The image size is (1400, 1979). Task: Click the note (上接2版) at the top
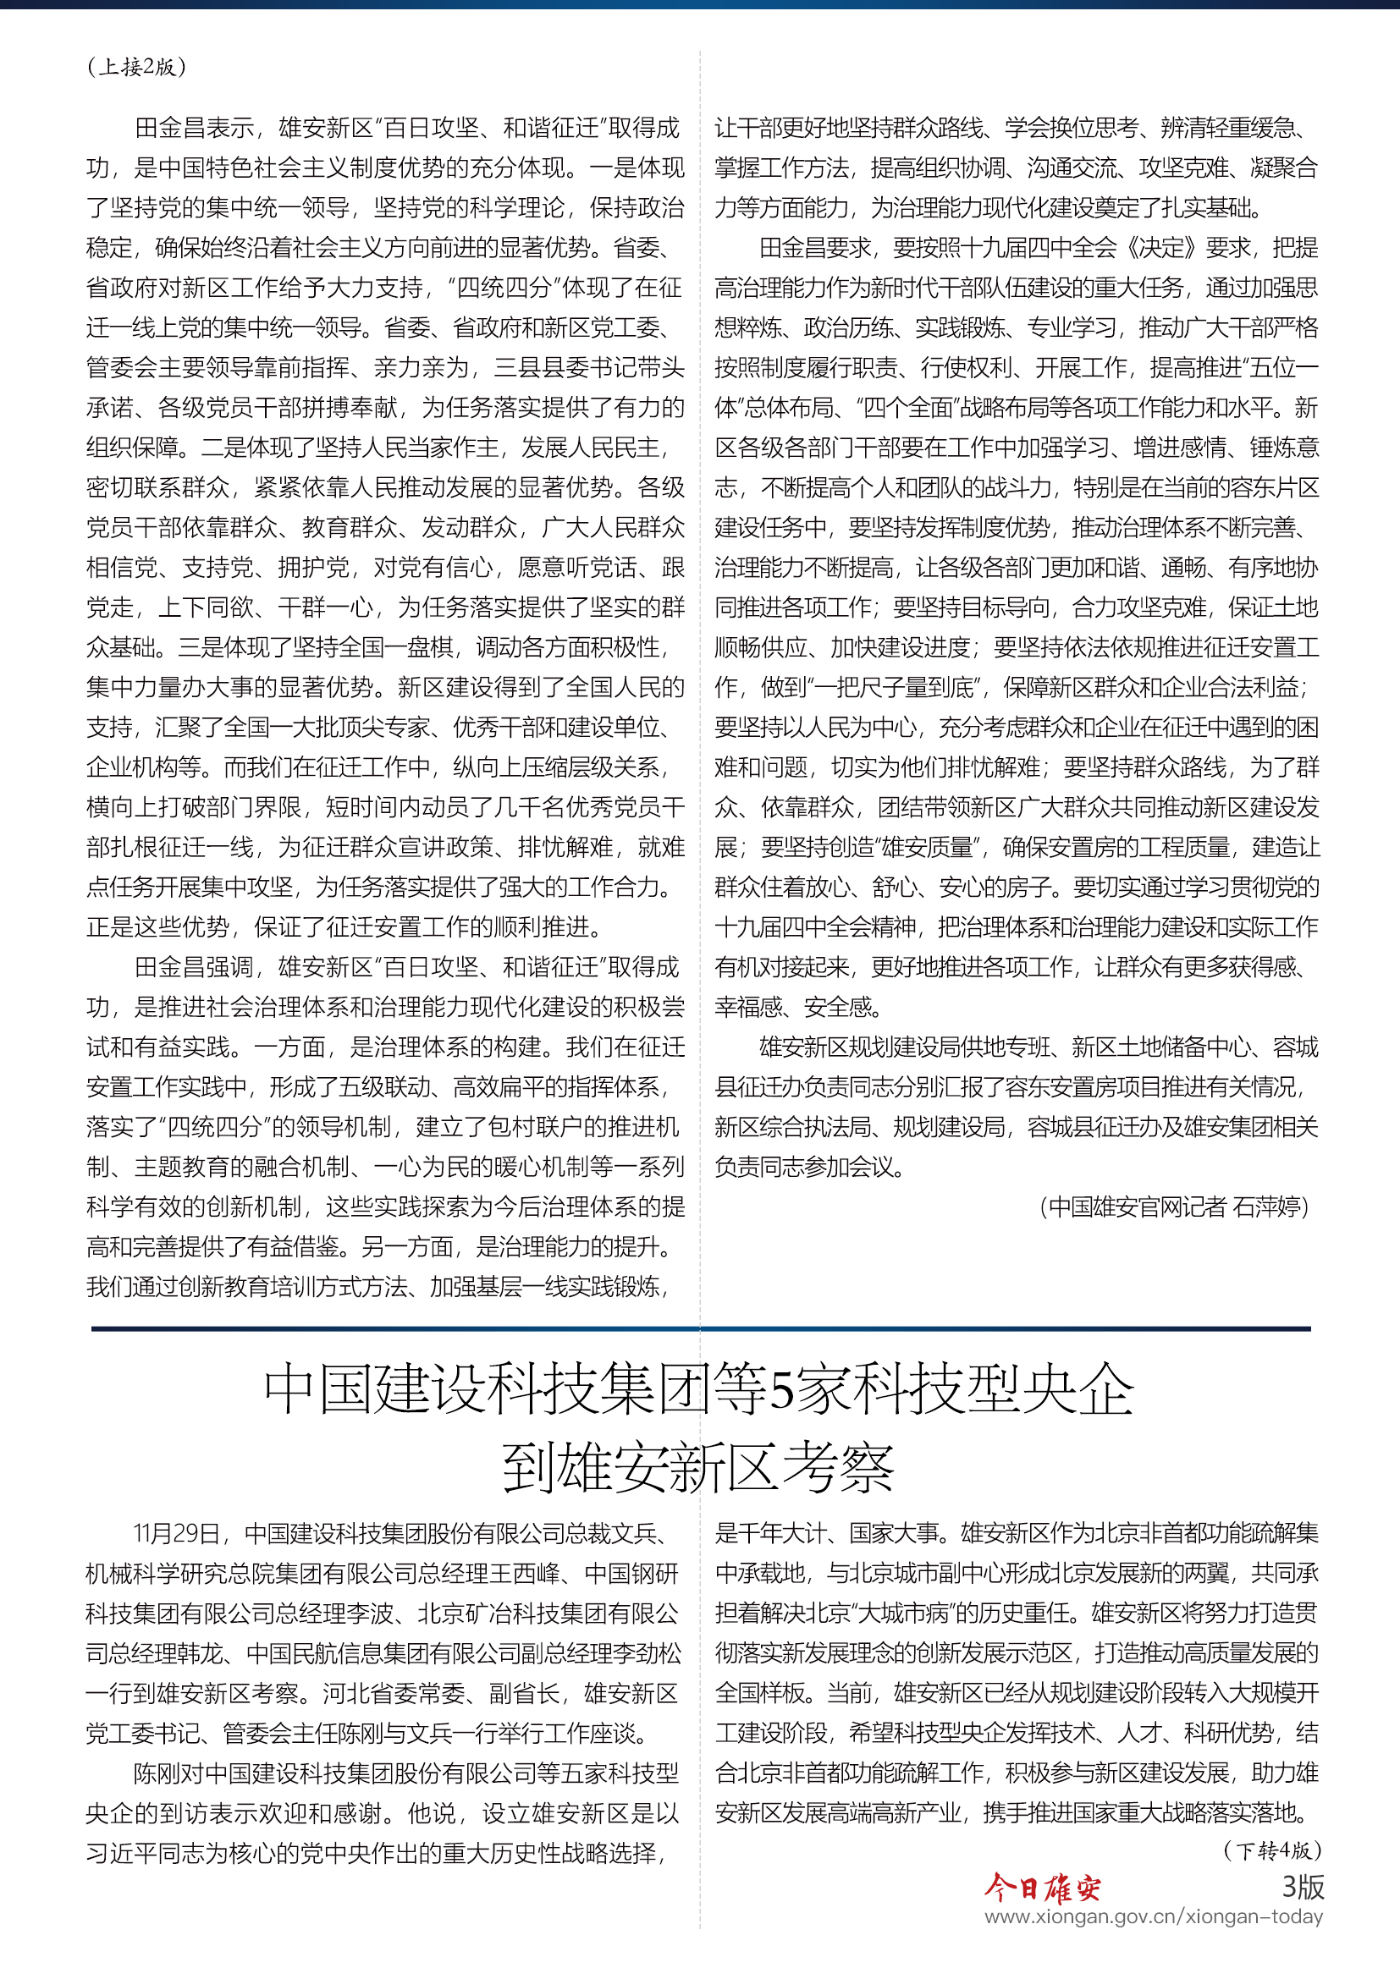point(136,66)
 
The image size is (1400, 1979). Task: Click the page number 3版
point(1303,1886)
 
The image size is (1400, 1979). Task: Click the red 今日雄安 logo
point(1042,1888)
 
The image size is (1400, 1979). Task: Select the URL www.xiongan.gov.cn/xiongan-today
point(1154,1916)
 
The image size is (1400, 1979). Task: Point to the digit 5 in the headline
point(781,1390)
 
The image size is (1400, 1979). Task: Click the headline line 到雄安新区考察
point(699,1468)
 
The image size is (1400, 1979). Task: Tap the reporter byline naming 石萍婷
point(1174,1206)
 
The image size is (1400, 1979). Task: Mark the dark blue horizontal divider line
point(700,1329)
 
